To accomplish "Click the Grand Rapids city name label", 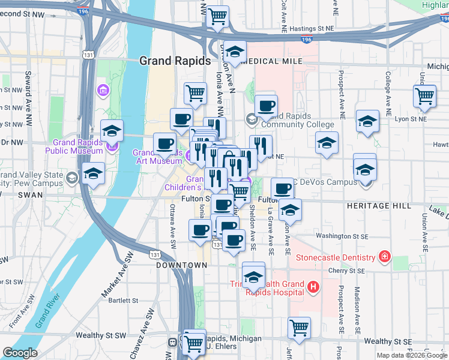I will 175,61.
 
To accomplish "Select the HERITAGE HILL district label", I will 379,205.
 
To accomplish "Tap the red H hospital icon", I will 312,288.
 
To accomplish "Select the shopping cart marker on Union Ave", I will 425,96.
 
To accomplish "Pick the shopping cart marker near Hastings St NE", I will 218,16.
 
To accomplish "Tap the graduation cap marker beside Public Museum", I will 112,130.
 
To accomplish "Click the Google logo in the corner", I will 20,353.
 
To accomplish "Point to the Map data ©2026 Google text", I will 411,355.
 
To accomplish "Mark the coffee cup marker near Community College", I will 266,106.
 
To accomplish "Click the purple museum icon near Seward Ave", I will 103,91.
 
